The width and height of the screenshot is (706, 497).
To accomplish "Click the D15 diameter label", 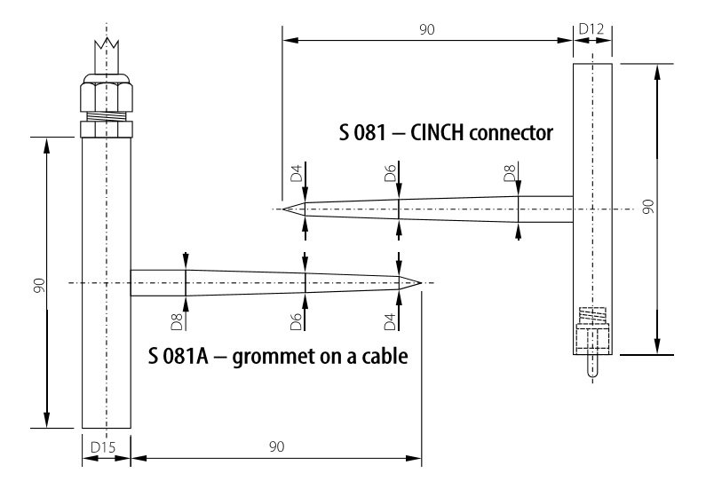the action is click(103, 447).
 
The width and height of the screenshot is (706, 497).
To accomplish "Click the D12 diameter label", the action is click(591, 29).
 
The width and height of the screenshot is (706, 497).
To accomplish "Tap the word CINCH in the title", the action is click(437, 133).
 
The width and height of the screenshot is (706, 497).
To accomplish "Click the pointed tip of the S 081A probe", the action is click(421, 283).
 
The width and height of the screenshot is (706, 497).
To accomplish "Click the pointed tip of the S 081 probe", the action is click(283, 209).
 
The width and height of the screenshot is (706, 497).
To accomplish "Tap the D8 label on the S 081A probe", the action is click(177, 322).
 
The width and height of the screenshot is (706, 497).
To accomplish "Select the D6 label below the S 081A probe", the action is click(296, 322).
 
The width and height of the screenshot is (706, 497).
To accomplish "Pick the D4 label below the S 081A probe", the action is click(390, 322).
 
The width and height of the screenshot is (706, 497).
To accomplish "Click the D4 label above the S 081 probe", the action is click(297, 173).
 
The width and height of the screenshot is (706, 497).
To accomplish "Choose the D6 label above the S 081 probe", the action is click(391, 173).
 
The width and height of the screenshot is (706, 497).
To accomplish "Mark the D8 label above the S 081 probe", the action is click(509, 173).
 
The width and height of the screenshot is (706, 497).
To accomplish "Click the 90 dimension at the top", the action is click(427, 29).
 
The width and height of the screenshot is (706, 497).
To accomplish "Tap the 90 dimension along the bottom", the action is click(277, 446).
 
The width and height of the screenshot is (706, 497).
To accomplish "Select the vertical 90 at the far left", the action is click(40, 286).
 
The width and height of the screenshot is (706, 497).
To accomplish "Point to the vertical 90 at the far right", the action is click(648, 207).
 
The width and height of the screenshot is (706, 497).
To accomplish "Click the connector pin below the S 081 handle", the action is click(592, 366).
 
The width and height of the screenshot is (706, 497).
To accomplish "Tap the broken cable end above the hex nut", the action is click(107, 56).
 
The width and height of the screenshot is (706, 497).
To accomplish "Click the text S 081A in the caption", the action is click(178, 356).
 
